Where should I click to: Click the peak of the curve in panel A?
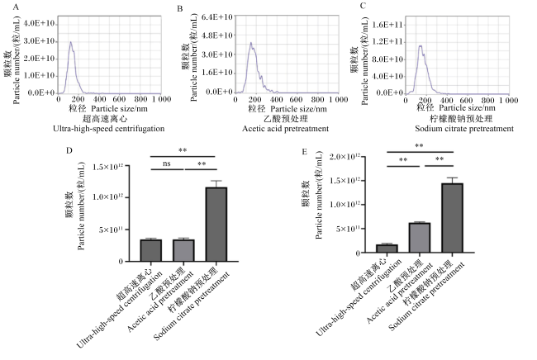click(x=71, y=42)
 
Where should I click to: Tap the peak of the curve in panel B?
click(x=251, y=43)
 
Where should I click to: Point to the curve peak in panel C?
click(x=421, y=45)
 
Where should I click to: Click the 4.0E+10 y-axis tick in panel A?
click(x=40, y=23)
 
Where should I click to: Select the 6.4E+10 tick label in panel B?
click(x=216, y=17)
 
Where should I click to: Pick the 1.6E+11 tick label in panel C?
click(x=387, y=25)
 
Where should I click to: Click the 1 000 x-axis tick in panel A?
click(x=162, y=99)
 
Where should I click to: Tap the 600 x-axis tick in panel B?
click(x=296, y=100)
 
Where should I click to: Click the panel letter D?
click(x=69, y=151)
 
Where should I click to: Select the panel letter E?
click(x=305, y=152)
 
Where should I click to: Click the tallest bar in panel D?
click(x=216, y=224)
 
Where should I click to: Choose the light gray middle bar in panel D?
click(x=183, y=250)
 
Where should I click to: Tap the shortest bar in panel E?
click(x=387, y=249)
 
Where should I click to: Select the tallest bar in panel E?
click(x=452, y=218)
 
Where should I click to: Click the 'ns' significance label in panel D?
click(x=166, y=163)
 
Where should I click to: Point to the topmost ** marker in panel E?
click(x=419, y=146)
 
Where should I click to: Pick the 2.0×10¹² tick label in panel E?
click(x=345, y=157)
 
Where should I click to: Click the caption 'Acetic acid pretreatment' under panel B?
click(x=285, y=129)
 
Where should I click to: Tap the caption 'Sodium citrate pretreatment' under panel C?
click(x=464, y=129)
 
